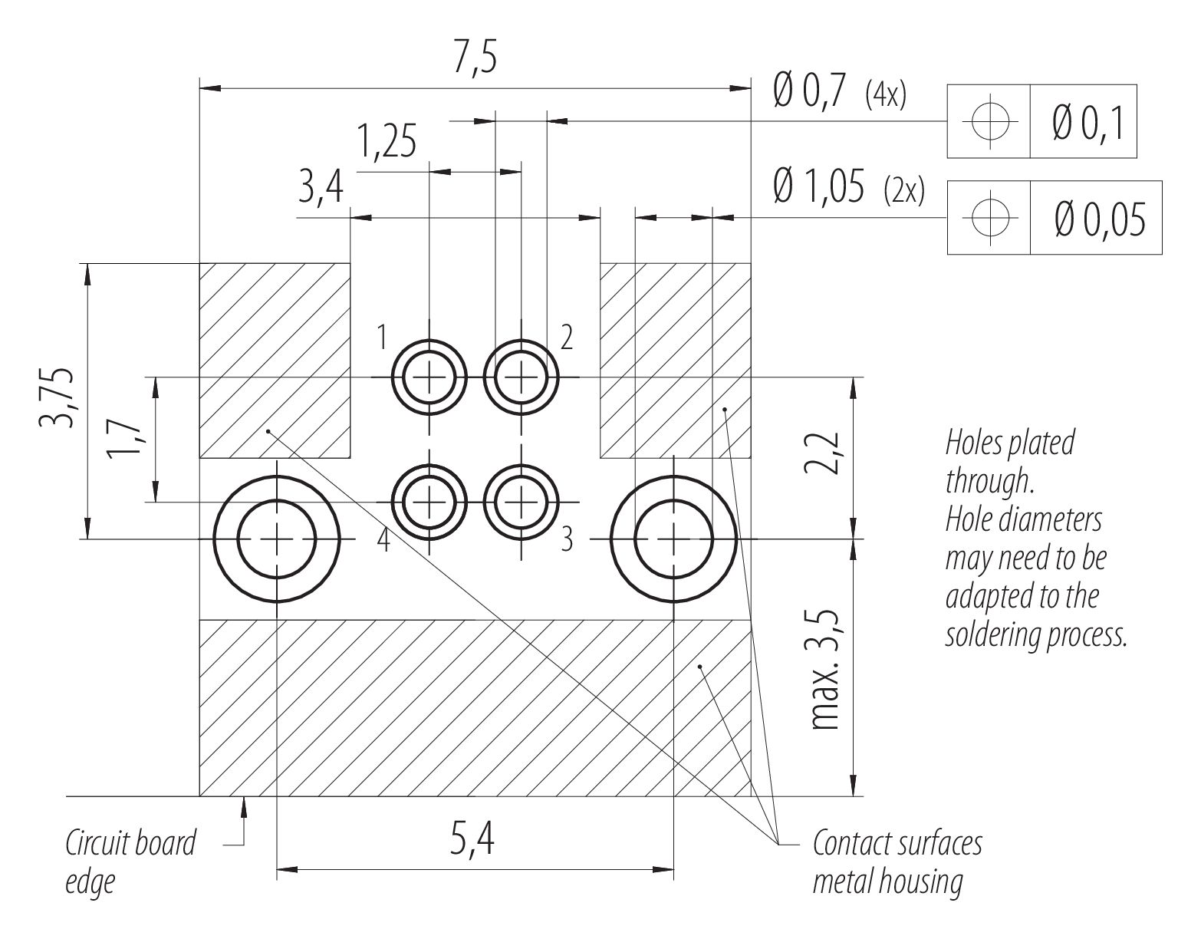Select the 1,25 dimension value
[387, 141]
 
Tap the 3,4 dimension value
[321, 188]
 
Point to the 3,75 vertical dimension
[56, 397]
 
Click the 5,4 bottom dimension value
[472, 839]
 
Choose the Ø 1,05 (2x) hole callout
[849, 188]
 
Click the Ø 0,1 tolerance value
[1087, 123]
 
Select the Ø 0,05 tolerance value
[1100, 219]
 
